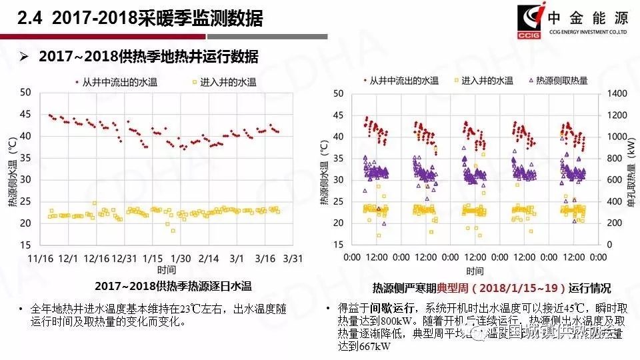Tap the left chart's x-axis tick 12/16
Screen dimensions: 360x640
tap(97, 258)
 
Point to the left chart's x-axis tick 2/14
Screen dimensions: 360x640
tap(209, 258)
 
